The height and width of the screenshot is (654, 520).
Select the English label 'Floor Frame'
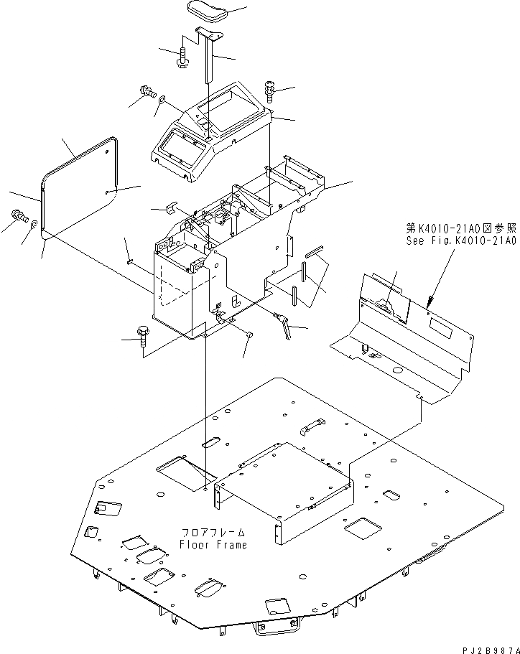213,544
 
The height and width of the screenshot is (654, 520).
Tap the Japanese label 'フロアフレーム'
213,533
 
